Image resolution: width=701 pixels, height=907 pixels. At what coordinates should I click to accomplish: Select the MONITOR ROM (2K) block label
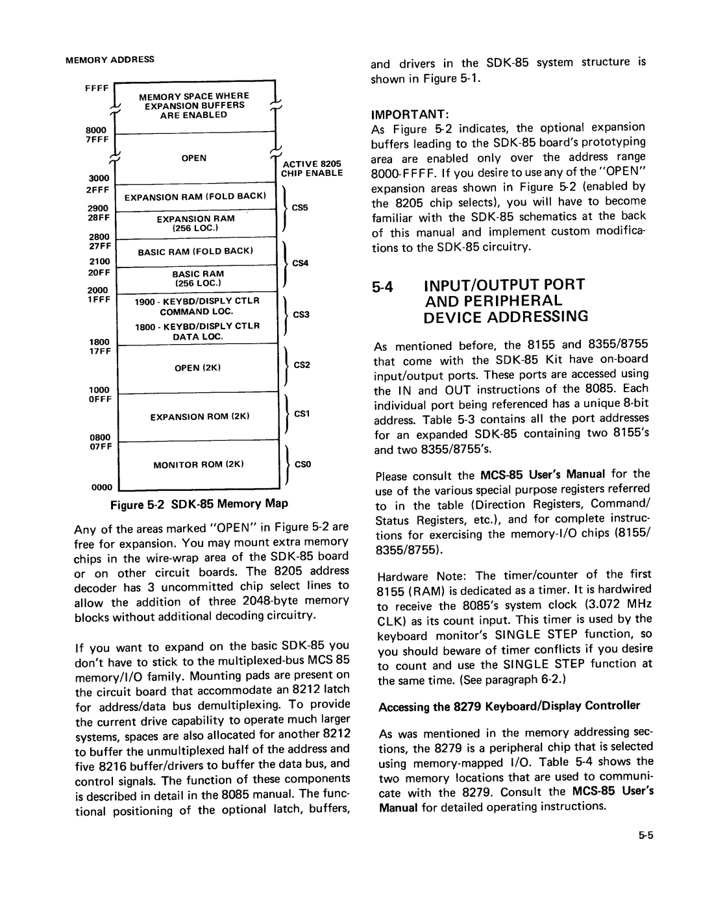point(198,464)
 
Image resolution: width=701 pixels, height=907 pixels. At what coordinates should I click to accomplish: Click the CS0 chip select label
point(303,464)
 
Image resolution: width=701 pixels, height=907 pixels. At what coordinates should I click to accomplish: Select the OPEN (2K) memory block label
point(199,368)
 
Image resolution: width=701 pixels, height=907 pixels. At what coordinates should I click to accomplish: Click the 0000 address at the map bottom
point(104,486)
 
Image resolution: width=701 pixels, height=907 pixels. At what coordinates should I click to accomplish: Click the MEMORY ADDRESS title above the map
point(110,59)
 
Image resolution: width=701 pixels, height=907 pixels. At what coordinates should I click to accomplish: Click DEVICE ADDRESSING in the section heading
point(506,317)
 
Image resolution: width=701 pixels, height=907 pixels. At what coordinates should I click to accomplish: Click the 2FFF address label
point(98,189)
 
